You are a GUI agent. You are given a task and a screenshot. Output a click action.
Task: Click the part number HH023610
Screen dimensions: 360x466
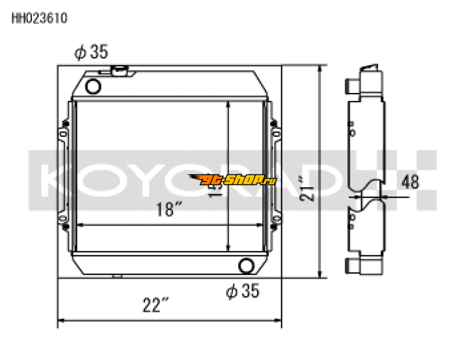pyautogui.click(x=39, y=18)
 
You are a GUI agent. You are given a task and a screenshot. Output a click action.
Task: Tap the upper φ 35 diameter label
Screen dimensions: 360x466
pyautogui.click(x=91, y=52)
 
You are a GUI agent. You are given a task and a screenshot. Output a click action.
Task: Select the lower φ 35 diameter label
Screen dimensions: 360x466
pyautogui.click(x=242, y=291)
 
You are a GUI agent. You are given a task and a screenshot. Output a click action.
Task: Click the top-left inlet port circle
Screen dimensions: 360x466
pyautogui.click(x=93, y=87)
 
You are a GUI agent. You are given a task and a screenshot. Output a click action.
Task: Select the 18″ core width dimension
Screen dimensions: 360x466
pyautogui.click(x=167, y=210)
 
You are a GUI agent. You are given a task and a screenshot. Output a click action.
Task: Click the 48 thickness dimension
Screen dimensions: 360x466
pyautogui.click(x=410, y=181)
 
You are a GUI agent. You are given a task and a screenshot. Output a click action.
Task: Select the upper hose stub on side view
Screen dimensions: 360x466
pyautogui.click(x=351, y=85)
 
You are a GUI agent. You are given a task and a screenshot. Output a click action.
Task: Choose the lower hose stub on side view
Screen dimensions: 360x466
pyautogui.click(x=351, y=266)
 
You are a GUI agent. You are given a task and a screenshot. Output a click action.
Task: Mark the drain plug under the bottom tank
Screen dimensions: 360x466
pyautogui.click(x=119, y=275)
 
